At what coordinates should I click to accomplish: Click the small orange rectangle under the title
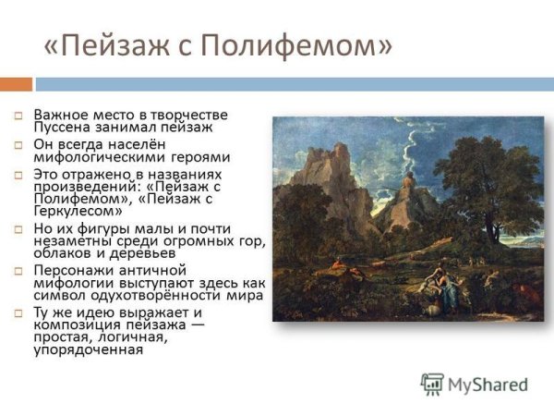(16, 83)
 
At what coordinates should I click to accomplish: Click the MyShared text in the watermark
(488, 384)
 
